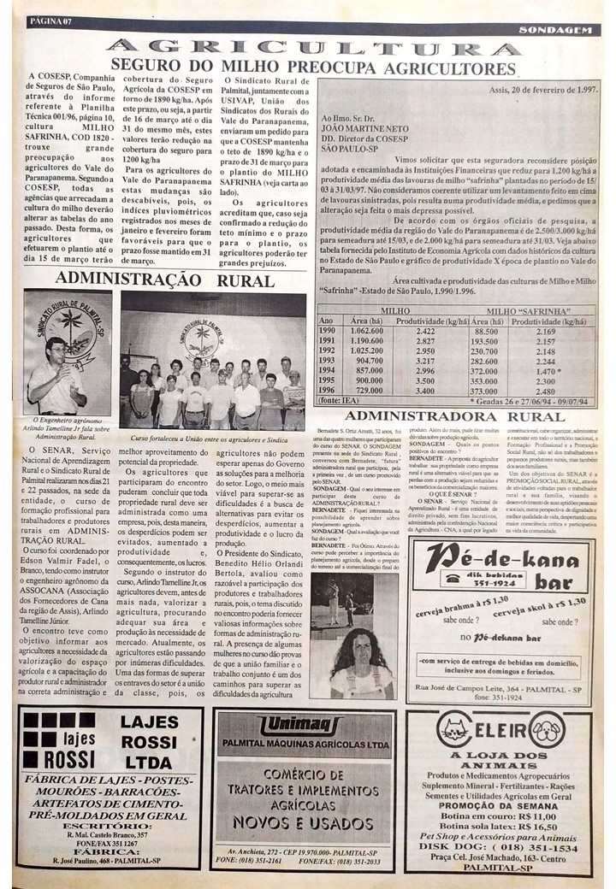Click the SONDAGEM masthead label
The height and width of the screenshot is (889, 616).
click(554, 30)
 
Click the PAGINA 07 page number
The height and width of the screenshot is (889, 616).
click(50, 21)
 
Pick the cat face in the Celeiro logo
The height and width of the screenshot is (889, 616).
click(454, 728)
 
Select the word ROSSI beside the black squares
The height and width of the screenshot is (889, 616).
click(47, 759)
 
